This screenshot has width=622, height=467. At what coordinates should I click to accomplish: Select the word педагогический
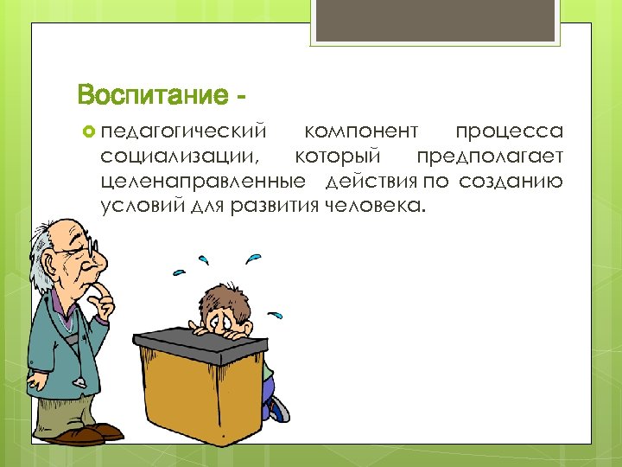tap(183, 132)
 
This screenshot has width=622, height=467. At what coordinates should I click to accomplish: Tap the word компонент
tap(361, 131)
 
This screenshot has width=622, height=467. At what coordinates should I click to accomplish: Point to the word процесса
tap(509, 131)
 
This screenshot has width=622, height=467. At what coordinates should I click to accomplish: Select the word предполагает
tap(490, 157)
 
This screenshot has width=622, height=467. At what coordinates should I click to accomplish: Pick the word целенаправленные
tap(202, 182)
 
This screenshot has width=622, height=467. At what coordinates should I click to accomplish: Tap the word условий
tap(137, 206)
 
